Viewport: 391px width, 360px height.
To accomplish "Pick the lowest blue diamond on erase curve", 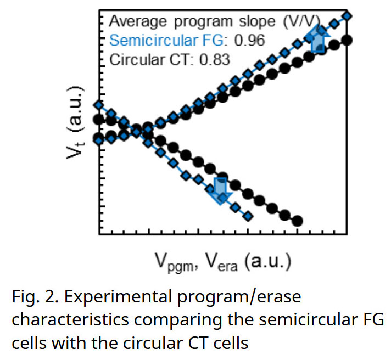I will pyautogui.click(x=248, y=216).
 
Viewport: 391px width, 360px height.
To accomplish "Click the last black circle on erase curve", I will pyautogui.click(x=298, y=221).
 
